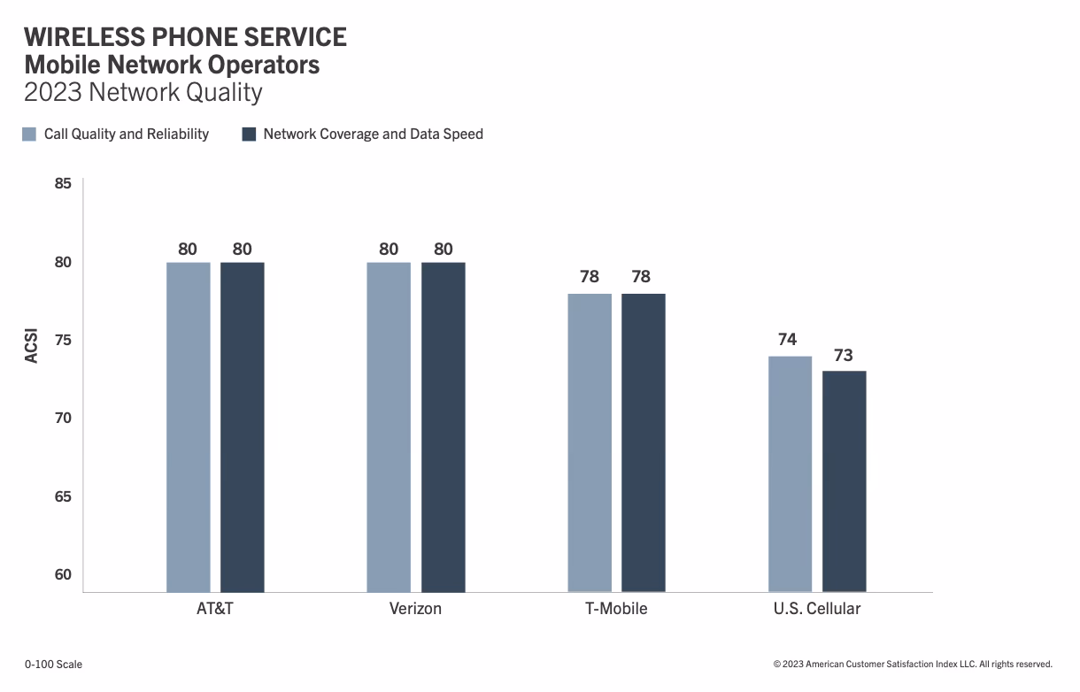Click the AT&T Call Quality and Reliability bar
(189, 427)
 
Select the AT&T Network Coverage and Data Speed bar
(243, 427)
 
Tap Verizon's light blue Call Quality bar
(389, 427)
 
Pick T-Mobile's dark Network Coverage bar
(644, 442)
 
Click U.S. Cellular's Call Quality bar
(790, 473)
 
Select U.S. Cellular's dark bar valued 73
(845, 481)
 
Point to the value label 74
(787, 340)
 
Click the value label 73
(844, 355)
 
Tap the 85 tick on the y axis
(63, 184)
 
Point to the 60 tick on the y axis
(63, 574)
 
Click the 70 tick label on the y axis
(63, 418)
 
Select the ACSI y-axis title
(32, 340)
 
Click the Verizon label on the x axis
(415, 609)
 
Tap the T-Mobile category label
(616, 609)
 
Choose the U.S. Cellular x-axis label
(816, 609)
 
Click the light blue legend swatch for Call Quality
(29, 135)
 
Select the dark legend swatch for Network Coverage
(249, 135)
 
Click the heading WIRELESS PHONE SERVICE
(185, 37)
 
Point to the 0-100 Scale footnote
(53, 664)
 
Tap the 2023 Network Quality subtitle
(143, 92)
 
